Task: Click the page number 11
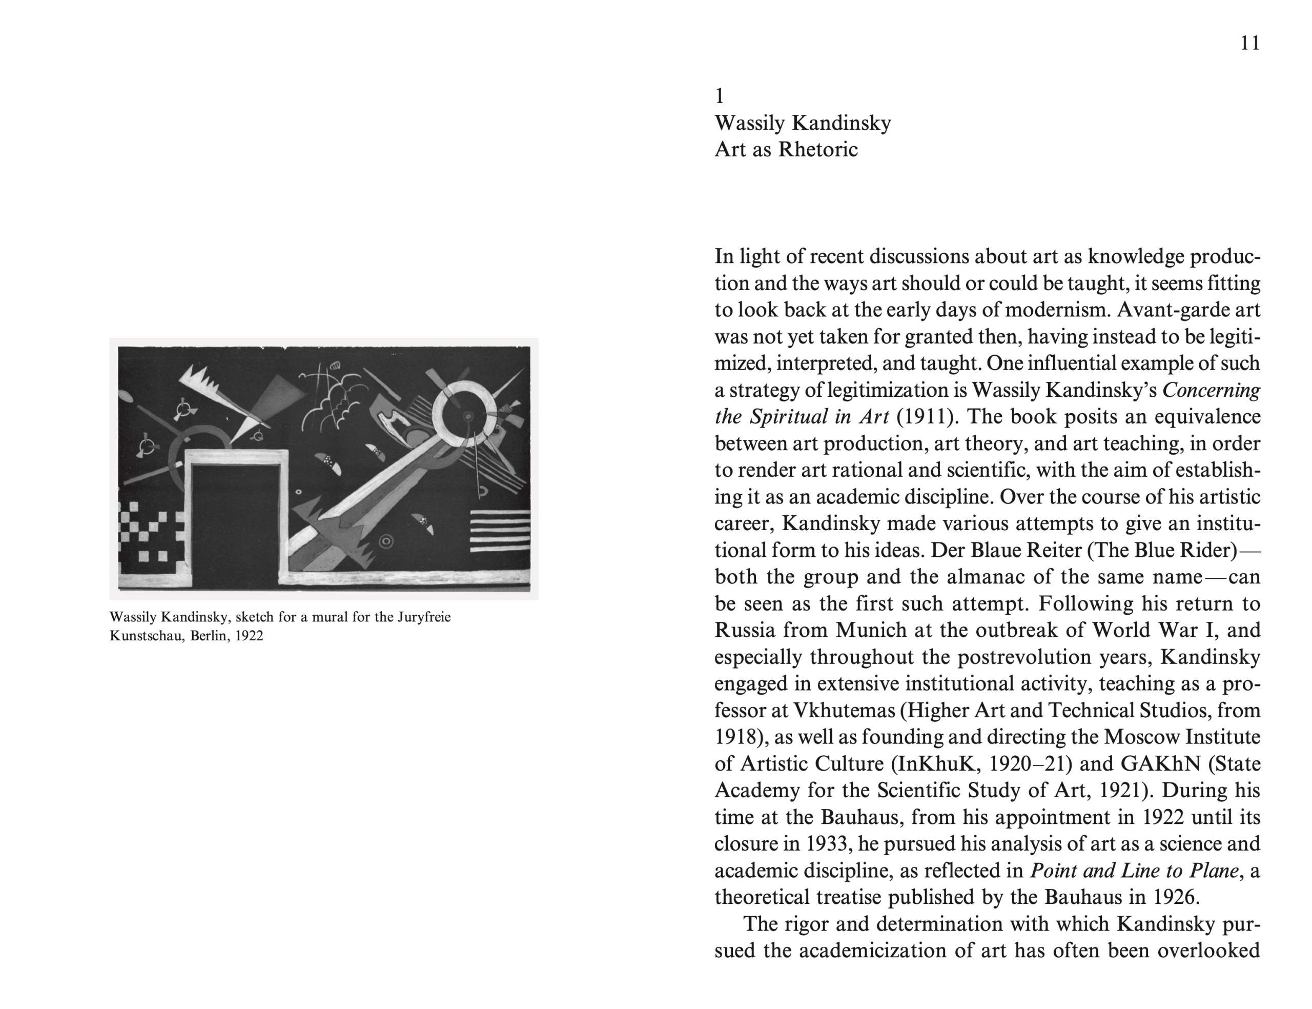coord(1249,43)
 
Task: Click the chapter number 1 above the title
coord(720,96)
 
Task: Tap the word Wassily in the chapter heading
coord(750,123)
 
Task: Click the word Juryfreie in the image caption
coord(424,617)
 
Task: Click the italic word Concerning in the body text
coord(1211,390)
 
